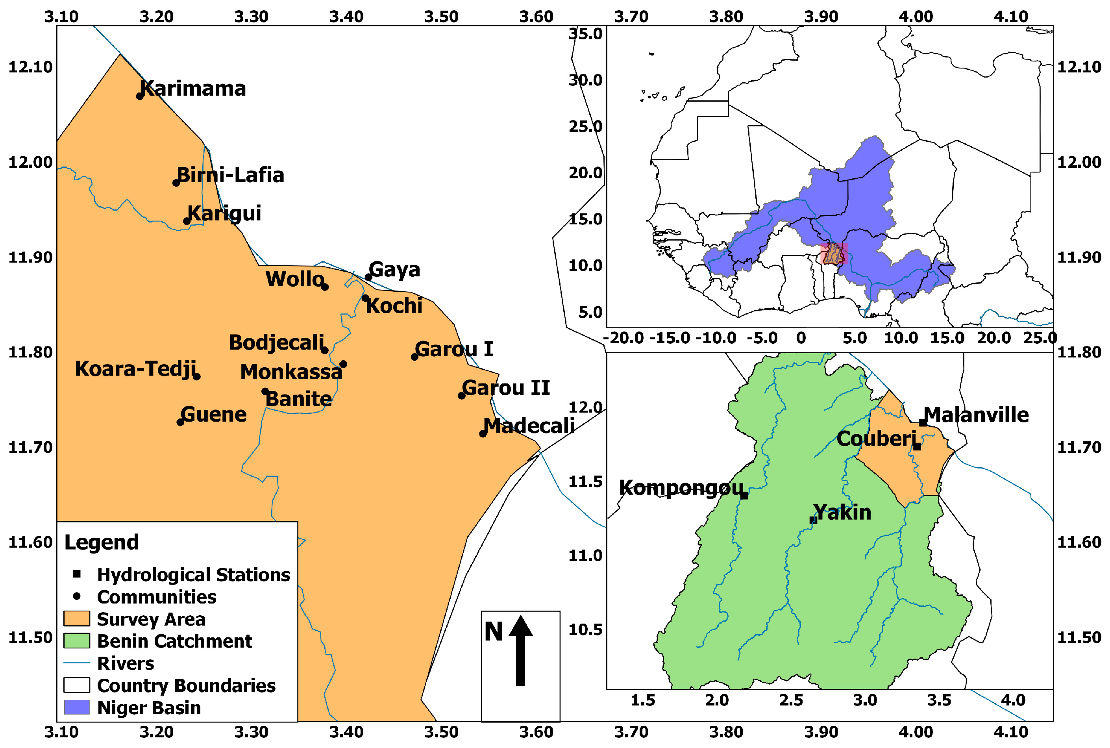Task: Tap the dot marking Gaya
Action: [x=368, y=277]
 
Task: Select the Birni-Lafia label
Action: [x=230, y=175]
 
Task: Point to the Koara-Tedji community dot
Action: [x=196, y=376]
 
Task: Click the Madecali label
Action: [x=529, y=426]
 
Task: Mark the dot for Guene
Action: [x=180, y=422]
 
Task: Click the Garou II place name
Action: [x=506, y=388]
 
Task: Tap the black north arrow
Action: [x=520, y=651]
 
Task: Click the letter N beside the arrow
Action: [x=493, y=632]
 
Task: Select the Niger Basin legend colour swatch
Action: [x=77, y=707]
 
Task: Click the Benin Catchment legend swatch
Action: [x=77, y=641]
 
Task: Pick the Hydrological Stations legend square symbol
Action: [x=76, y=574]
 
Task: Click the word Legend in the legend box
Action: [x=102, y=542]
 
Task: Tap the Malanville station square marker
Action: [x=923, y=423]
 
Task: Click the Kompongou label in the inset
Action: [x=681, y=488]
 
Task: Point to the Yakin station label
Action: [x=842, y=512]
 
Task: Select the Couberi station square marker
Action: [x=917, y=446]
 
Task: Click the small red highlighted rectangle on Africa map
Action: [x=834, y=253]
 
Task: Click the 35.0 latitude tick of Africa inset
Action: [x=585, y=34]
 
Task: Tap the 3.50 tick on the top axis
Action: [x=441, y=17]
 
